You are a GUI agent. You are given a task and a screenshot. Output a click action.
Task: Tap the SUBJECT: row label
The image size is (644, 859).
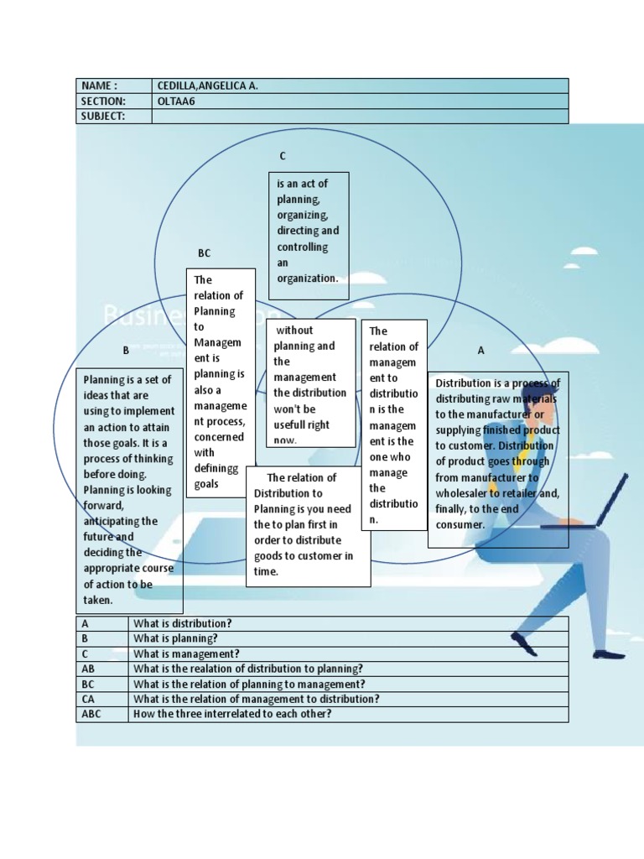point(103,117)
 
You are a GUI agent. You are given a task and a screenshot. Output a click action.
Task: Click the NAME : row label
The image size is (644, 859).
point(99,86)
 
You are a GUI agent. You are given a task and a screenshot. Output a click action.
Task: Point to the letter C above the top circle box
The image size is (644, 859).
point(283,156)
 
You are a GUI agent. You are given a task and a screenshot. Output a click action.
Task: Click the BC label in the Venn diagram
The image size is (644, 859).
point(204,252)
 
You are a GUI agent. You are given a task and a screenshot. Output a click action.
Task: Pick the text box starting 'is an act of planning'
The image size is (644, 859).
point(308,231)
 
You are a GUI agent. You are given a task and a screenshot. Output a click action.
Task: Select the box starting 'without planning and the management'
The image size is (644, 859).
point(310,383)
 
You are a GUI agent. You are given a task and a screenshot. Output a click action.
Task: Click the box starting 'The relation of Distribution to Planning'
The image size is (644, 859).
point(308,526)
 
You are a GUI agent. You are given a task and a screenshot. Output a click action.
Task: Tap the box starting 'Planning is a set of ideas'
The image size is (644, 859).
point(128,491)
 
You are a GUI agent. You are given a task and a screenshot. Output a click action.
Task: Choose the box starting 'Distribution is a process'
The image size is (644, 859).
point(497,459)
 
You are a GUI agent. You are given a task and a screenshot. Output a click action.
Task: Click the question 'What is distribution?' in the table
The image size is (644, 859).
point(182,624)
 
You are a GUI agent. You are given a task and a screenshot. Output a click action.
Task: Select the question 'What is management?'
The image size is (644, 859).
point(186,654)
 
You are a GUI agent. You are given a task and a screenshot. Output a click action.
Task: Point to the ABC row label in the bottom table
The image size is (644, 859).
point(91,715)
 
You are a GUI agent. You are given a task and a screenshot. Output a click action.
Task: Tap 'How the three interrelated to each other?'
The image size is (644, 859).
point(232,715)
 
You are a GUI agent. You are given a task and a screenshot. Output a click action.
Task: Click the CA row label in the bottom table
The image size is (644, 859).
point(89,700)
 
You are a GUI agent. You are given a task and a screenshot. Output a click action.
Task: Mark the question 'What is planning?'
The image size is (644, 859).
point(175,639)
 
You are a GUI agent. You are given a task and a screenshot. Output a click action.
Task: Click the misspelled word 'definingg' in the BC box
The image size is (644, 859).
point(216,468)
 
